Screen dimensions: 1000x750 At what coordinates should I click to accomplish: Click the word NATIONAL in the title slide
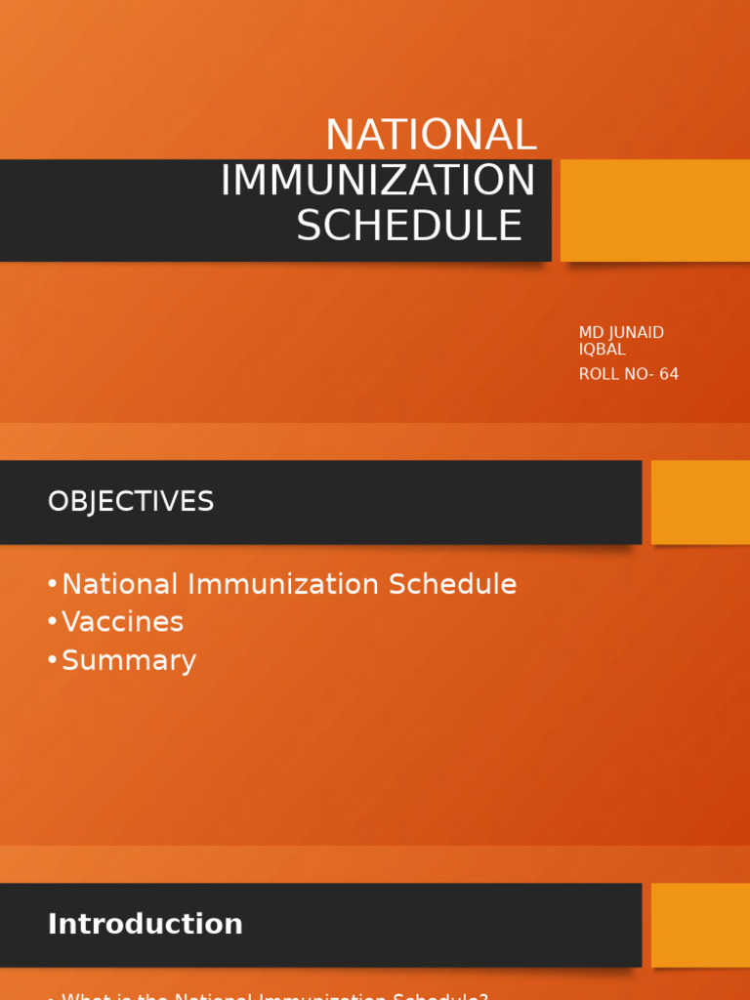[x=431, y=136]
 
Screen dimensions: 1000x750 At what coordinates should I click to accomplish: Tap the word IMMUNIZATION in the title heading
[x=378, y=181]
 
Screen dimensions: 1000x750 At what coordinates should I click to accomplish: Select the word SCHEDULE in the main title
[x=409, y=227]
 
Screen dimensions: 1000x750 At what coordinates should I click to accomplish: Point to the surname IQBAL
[x=602, y=350]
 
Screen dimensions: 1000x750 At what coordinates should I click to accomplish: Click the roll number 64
[x=668, y=374]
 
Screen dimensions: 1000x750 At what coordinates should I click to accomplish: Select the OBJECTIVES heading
[x=131, y=502]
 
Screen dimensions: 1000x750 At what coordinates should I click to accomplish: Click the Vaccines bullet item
[x=122, y=622]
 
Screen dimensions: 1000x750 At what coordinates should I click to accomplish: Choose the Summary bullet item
[x=129, y=661]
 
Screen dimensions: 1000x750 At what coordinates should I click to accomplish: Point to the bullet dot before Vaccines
[x=52, y=622]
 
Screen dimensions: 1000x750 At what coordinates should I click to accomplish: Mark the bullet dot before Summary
[x=52, y=661]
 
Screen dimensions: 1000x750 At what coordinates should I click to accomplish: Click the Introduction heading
[x=145, y=924]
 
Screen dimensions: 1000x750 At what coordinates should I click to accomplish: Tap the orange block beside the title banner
[x=654, y=210]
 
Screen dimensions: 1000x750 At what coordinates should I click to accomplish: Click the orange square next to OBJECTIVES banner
[x=700, y=502]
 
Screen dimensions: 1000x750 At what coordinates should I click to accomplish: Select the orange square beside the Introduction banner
[x=700, y=925]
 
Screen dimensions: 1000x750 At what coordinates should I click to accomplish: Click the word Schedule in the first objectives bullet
[x=452, y=585]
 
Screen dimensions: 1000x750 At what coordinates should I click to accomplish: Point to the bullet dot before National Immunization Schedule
[x=52, y=585]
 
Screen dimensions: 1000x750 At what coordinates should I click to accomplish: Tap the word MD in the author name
[x=591, y=333]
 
